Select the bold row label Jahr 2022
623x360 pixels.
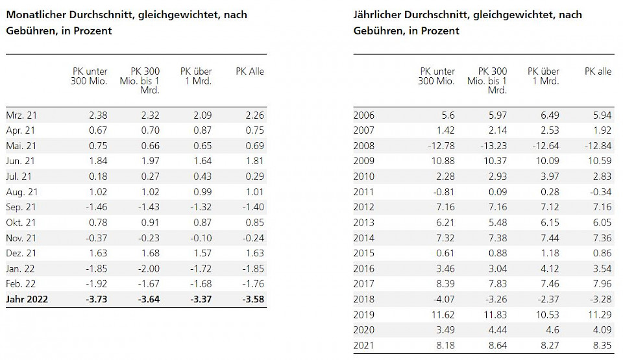(x=27, y=300)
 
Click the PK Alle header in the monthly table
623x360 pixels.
(x=250, y=71)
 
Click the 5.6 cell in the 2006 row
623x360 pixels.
(x=447, y=115)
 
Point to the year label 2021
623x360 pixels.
(x=364, y=345)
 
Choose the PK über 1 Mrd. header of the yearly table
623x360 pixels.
(x=544, y=76)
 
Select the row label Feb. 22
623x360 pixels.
(x=20, y=283)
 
